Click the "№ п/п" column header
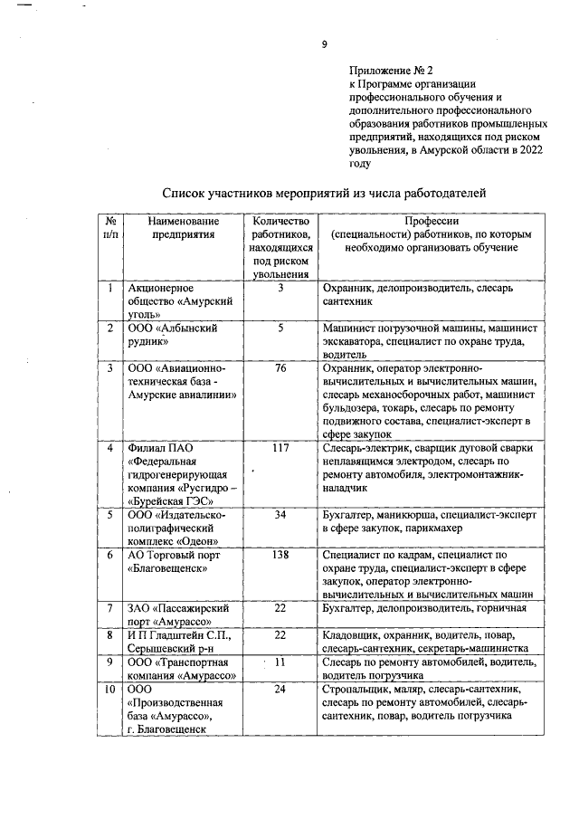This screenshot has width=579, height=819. (109, 227)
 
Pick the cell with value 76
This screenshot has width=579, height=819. (280, 368)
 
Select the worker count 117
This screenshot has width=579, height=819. (280, 448)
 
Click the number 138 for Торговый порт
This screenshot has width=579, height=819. (280, 554)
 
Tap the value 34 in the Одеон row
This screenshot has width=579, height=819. (280, 514)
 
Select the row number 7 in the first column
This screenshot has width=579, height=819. (109, 607)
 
